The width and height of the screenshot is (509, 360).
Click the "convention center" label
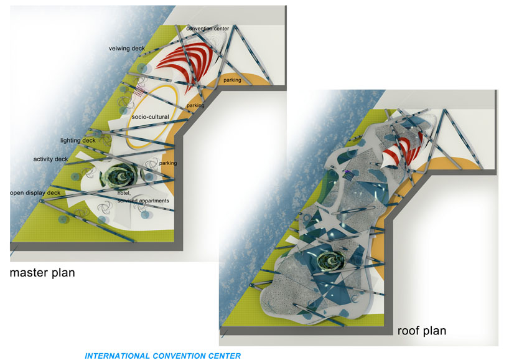coord(208,29)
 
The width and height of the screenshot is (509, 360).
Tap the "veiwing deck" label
coord(126,49)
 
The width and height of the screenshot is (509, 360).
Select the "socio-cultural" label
coord(151,116)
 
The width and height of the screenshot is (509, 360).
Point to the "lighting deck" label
coord(78,140)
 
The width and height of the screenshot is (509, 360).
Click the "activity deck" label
coord(50,159)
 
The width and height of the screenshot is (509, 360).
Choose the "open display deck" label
coord(35,192)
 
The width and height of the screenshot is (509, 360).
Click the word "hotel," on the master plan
coord(124,193)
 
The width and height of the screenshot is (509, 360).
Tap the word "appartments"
coord(154,201)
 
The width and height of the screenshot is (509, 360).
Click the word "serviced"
coord(128,201)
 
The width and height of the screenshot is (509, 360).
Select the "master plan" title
coord(42,273)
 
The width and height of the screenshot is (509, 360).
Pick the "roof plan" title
coord(422,331)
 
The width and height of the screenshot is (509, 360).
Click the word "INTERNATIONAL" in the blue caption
coord(118,356)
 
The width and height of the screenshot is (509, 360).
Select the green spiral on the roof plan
coord(330,260)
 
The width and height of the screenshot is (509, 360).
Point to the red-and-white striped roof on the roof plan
coord(403,152)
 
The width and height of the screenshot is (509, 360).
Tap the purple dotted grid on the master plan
coord(139,91)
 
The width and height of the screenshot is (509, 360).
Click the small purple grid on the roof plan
coord(348,176)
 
